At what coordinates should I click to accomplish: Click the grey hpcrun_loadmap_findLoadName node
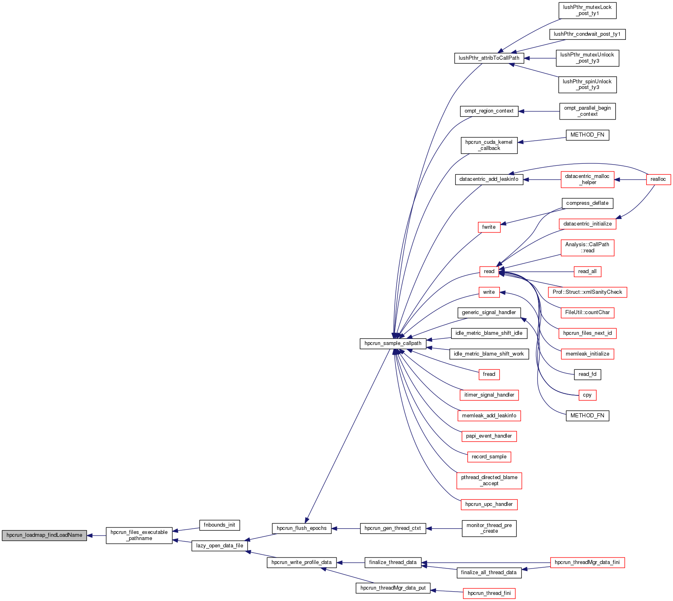[x=44, y=535]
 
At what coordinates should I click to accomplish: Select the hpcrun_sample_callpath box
[x=393, y=343]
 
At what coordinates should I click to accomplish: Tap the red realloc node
[x=658, y=179]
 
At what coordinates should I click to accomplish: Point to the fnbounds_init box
[x=219, y=525]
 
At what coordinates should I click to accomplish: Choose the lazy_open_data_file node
[x=219, y=546]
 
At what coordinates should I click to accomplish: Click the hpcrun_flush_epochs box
[x=302, y=528]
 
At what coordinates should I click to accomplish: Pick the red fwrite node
[x=489, y=227]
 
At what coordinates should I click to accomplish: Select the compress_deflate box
[x=587, y=203]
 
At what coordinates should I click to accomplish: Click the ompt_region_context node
[x=489, y=111]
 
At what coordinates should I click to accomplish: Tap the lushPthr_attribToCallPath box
[x=489, y=58]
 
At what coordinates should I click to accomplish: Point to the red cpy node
[x=587, y=395]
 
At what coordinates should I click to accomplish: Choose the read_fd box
[x=587, y=374]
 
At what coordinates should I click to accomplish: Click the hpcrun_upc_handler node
[x=489, y=504]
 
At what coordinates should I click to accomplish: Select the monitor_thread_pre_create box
[x=489, y=528]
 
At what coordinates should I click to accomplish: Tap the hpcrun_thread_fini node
[x=489, y=593]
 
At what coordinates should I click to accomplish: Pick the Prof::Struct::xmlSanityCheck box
[x=587, y=292]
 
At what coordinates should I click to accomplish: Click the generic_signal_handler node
[x=489, y=312]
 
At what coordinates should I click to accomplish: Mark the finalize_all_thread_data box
[x=489, y=573]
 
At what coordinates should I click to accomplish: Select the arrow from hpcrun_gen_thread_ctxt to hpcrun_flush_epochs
[x=346, y=528]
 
